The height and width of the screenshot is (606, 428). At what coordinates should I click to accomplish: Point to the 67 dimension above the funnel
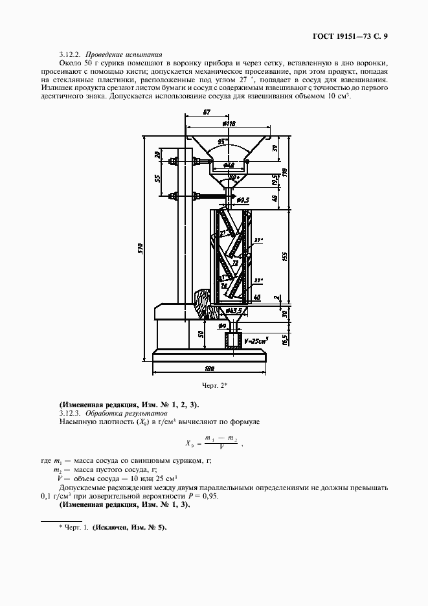[207, 113]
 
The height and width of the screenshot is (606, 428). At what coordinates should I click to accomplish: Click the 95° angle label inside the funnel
[225, 140]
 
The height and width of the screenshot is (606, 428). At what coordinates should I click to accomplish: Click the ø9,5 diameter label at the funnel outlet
[243, 200]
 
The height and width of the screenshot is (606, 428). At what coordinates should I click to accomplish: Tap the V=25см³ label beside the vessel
[257, 339]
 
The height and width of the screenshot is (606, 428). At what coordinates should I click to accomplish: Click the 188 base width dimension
[208, 369]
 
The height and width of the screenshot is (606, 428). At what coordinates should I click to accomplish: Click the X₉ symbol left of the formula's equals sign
[189, 443]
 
